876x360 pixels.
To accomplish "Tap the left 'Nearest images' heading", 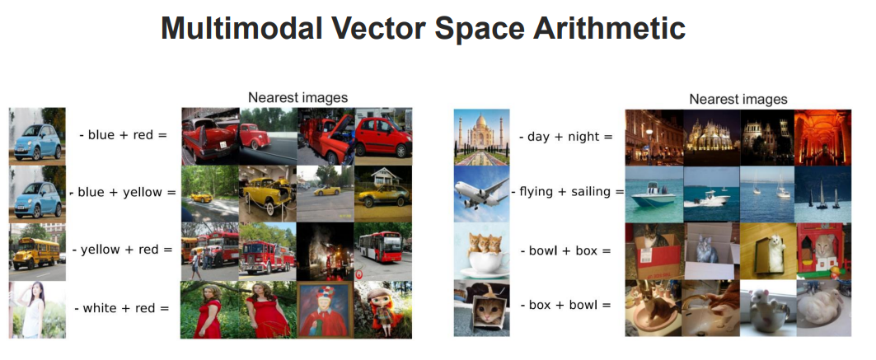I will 297,97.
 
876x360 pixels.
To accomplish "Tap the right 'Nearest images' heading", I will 738,99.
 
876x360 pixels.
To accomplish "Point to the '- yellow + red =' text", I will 123,250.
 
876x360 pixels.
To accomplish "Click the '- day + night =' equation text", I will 565,136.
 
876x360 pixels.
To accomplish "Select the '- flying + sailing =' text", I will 567,192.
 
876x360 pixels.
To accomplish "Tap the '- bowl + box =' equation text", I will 565,250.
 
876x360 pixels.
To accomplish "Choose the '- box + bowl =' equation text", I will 565,305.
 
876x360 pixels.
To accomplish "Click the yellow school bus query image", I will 37,251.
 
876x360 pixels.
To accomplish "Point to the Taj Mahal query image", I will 481,137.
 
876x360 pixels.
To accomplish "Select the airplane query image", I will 481,194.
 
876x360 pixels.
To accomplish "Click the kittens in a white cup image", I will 481,250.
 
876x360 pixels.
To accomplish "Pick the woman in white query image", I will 37,309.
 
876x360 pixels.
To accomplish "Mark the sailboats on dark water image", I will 822,194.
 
